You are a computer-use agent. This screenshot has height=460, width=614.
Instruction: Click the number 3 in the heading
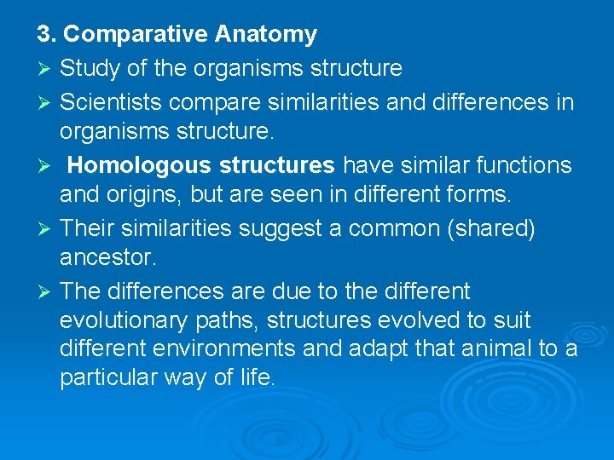(x=43, y=35)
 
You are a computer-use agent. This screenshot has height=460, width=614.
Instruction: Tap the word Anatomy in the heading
(x=265, y=35)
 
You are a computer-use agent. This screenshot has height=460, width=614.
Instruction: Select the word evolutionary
(x=124, y=321)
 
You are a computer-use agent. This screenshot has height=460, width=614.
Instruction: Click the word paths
(x=224, y=321)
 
